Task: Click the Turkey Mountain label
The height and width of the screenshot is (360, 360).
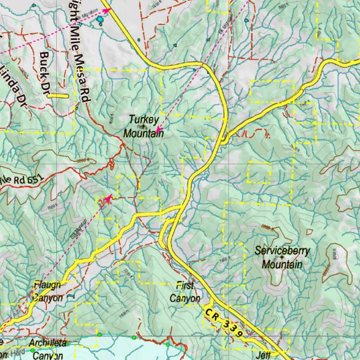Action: pyautogui.click(x=143, y=126)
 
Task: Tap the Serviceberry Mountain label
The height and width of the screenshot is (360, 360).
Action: pyautogui.click(x=282, y=257)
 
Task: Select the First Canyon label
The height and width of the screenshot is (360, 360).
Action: pyautogui.click(x=185, y=292)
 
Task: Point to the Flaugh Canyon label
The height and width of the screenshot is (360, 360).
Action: pyautogui.click(x=47, y=291)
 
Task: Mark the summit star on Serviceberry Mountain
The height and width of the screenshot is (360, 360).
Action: pyautogui.click(x=282, y=257)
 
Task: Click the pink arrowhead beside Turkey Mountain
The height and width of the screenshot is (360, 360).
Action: pyautogui.click(x=159, y=130)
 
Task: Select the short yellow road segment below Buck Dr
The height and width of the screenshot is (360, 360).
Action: pyautogui.click(x=58, y=96)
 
